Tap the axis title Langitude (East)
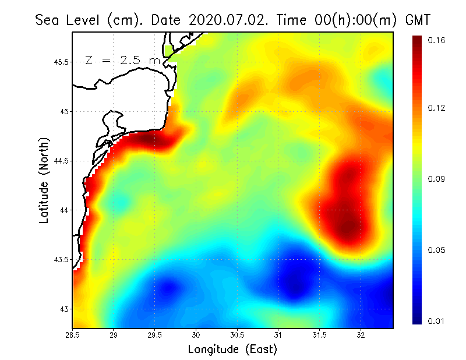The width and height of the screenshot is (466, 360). point(232,349)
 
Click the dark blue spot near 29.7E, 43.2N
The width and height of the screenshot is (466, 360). point(170,287)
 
